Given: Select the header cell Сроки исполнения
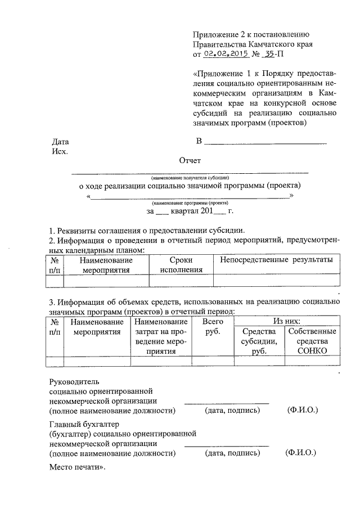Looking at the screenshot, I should point(181,265).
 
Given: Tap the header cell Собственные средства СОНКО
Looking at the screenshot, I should point(312,341).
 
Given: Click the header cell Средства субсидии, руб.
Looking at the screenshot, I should point(259,341).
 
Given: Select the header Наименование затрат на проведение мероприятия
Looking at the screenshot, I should point(161,336).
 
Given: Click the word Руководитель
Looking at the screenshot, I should point(74,381).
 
